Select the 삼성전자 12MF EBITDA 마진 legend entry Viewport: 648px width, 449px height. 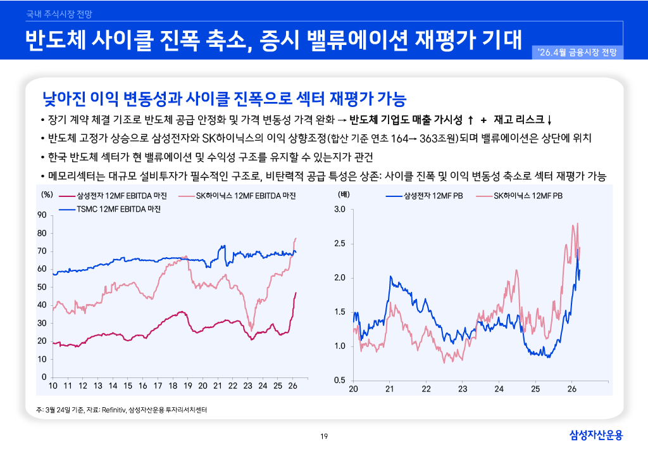tap(118, 196)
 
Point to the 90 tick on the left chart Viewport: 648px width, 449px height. tap(42, 215)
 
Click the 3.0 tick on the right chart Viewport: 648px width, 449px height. tap(339, 210)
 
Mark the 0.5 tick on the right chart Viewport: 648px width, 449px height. tap(339, 381)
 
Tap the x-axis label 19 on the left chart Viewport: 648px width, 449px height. tap(188, 386)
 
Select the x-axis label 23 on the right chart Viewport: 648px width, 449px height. tap(463, 389)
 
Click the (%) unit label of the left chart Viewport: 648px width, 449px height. tap(46, 195)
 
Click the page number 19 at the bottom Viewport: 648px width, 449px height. tap(324, 436)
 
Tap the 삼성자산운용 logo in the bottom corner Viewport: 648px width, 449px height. tap(595, 434)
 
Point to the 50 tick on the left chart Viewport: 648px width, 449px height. tap(42, 288)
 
